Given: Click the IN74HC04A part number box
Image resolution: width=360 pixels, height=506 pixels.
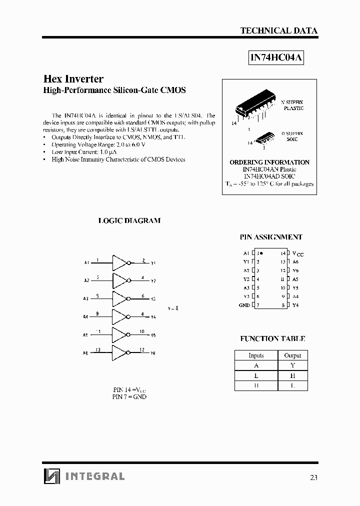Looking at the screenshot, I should [x=276, y=57].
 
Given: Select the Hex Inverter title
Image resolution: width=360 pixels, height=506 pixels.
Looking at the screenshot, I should [x=73, y=79].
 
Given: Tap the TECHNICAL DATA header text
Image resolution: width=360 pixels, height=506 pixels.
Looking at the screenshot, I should [x=278, y=30].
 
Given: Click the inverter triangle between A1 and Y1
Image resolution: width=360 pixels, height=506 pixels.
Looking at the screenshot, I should [x=120, y=262].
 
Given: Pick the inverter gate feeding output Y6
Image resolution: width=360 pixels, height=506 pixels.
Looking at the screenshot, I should [x=120, y=352].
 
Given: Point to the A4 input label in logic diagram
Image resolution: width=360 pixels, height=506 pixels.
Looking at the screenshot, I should [x=85, y=317].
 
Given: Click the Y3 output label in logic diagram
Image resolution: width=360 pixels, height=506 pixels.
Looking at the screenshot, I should [x=153, y=298].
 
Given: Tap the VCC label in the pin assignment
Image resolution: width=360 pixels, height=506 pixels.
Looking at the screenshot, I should [x=297, y=253].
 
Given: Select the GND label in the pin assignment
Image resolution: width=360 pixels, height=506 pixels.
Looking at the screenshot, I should [x=244, y=305].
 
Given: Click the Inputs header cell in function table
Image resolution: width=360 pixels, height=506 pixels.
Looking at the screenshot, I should [x=256, y=355].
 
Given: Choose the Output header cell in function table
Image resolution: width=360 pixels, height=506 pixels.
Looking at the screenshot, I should [x=292, y=355].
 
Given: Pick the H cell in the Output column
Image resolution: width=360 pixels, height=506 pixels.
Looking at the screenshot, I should [x=292, y=375].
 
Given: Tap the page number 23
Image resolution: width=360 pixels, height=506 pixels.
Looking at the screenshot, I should [x=313, y=477].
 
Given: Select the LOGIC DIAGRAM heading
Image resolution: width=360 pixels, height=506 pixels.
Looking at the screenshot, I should [x=129, y=220].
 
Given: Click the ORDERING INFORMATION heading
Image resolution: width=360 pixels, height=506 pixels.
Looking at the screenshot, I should [x=269, y=162].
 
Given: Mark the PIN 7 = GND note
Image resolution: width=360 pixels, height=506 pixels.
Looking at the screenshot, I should [x=129, y=396].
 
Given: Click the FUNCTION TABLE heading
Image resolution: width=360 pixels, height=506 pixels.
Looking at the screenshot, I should [x=272, y=338].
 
